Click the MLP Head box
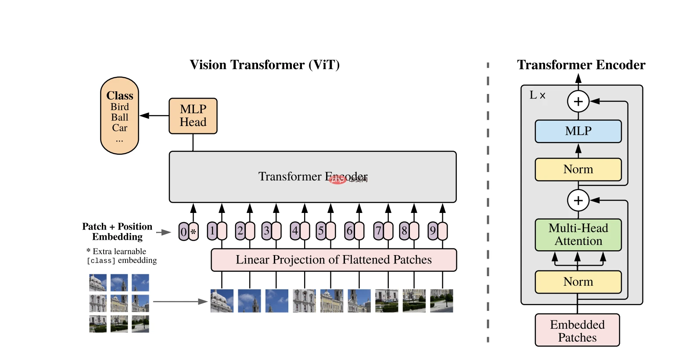[x=193, y=116]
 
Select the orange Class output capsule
[x=119, y=116]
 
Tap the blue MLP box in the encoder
[x=578, y=131]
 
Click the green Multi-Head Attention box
[x=578, y=235]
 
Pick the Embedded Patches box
[x=577, y=331]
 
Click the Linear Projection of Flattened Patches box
[x=334, y=260]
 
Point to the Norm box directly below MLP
[x=578, y=169]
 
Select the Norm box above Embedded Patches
[x=578, y=282]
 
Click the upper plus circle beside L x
[x=578, y=101]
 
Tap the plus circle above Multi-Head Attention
[x=578, y=201]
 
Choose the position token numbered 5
[x=321, y=231]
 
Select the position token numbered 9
[x=433, y=231]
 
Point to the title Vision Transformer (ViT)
[x=265, y=65]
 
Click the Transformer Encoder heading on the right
[x=581, y=65]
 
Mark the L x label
[x=537, y=95]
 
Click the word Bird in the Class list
[x=119, y=107]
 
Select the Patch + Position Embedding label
[x=117, y=232]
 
